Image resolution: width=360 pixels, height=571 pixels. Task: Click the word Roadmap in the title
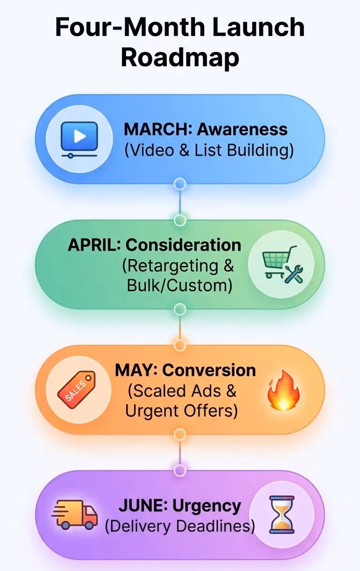[180, 57]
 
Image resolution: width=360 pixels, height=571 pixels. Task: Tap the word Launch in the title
[258, 28]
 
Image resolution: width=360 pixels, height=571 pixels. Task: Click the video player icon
[79, 139]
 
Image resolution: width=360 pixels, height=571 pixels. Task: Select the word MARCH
[154, 129]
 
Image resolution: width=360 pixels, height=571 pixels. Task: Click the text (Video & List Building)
[209, 150]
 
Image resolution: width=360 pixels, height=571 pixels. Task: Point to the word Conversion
[209, 370]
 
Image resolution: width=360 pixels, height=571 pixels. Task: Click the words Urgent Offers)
[181, 411]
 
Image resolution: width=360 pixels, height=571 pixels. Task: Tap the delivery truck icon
[74, 514]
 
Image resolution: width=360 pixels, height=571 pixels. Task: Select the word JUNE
[143, 506]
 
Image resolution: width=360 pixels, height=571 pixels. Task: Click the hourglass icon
[282, 514]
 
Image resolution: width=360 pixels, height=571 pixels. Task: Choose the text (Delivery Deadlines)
[180, 527]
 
